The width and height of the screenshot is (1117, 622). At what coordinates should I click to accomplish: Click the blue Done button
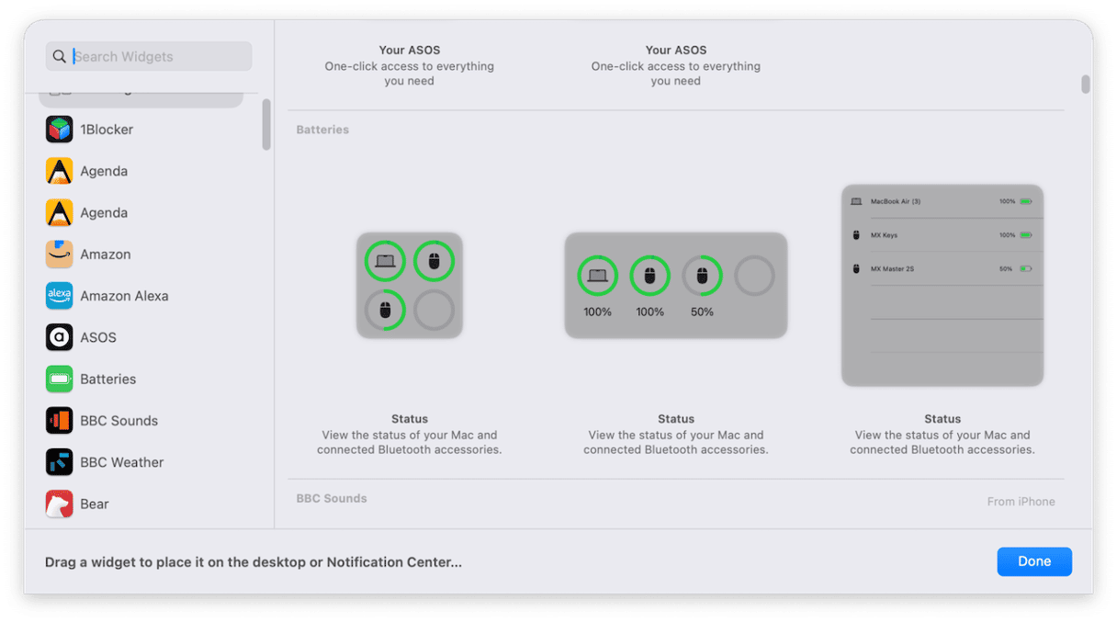point(1034,561)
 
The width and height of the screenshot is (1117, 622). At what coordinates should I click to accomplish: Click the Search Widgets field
point(149,56)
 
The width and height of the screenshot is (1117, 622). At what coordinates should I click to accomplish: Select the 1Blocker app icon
point(60,130)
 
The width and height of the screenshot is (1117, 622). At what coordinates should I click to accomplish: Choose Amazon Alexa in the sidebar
point(124,296)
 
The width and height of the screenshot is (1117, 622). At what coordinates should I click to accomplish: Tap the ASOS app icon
point(60,337)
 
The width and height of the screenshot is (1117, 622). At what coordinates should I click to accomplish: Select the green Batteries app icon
point(60,379)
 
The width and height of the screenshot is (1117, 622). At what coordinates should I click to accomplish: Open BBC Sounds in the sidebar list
point(118,421)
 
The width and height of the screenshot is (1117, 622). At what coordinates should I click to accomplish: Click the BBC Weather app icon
point(60,462)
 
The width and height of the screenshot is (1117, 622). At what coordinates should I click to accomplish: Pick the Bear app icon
point(60,503)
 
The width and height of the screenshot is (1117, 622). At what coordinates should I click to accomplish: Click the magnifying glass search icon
point(60,56)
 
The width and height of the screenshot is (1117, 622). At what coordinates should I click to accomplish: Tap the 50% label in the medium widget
point(702,312)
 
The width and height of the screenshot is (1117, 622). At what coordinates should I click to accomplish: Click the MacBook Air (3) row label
point(896,201)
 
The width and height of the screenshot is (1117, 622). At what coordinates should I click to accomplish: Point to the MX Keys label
point(884,235)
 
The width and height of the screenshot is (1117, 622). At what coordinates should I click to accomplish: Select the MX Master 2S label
point(892,269)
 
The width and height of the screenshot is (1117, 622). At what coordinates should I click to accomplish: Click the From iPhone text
point(1021,502)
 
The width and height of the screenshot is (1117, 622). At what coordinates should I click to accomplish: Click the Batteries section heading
point(322,130)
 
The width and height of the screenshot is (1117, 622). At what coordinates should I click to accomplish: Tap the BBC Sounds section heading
point(332,498)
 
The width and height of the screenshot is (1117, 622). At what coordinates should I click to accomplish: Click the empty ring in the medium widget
point(754,257)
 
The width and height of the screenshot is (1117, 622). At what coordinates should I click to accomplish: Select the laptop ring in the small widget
point(385,243)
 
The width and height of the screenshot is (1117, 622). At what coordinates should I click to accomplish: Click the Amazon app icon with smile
point(60,254)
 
